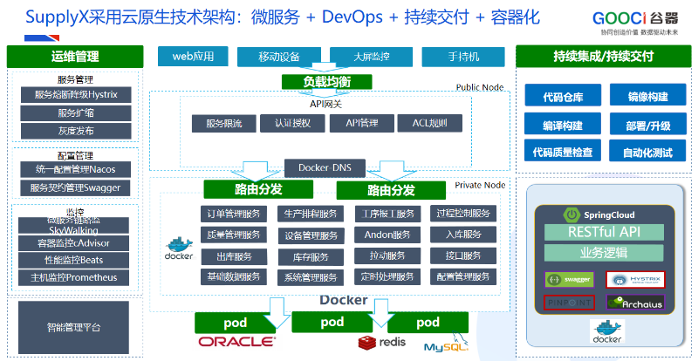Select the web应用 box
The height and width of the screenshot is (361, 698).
coord(193,57)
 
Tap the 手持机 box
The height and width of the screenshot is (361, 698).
coord(463,57)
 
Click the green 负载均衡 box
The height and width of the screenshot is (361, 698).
coord(326,82)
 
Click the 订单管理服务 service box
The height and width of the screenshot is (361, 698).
coord(231,214)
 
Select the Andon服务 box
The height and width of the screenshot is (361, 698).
coord(387,235)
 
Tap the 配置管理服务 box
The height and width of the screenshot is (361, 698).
coord(463,277)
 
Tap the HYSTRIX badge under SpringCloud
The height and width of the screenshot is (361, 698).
coord(634,280)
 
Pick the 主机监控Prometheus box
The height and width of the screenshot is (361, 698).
coord(73,278)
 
